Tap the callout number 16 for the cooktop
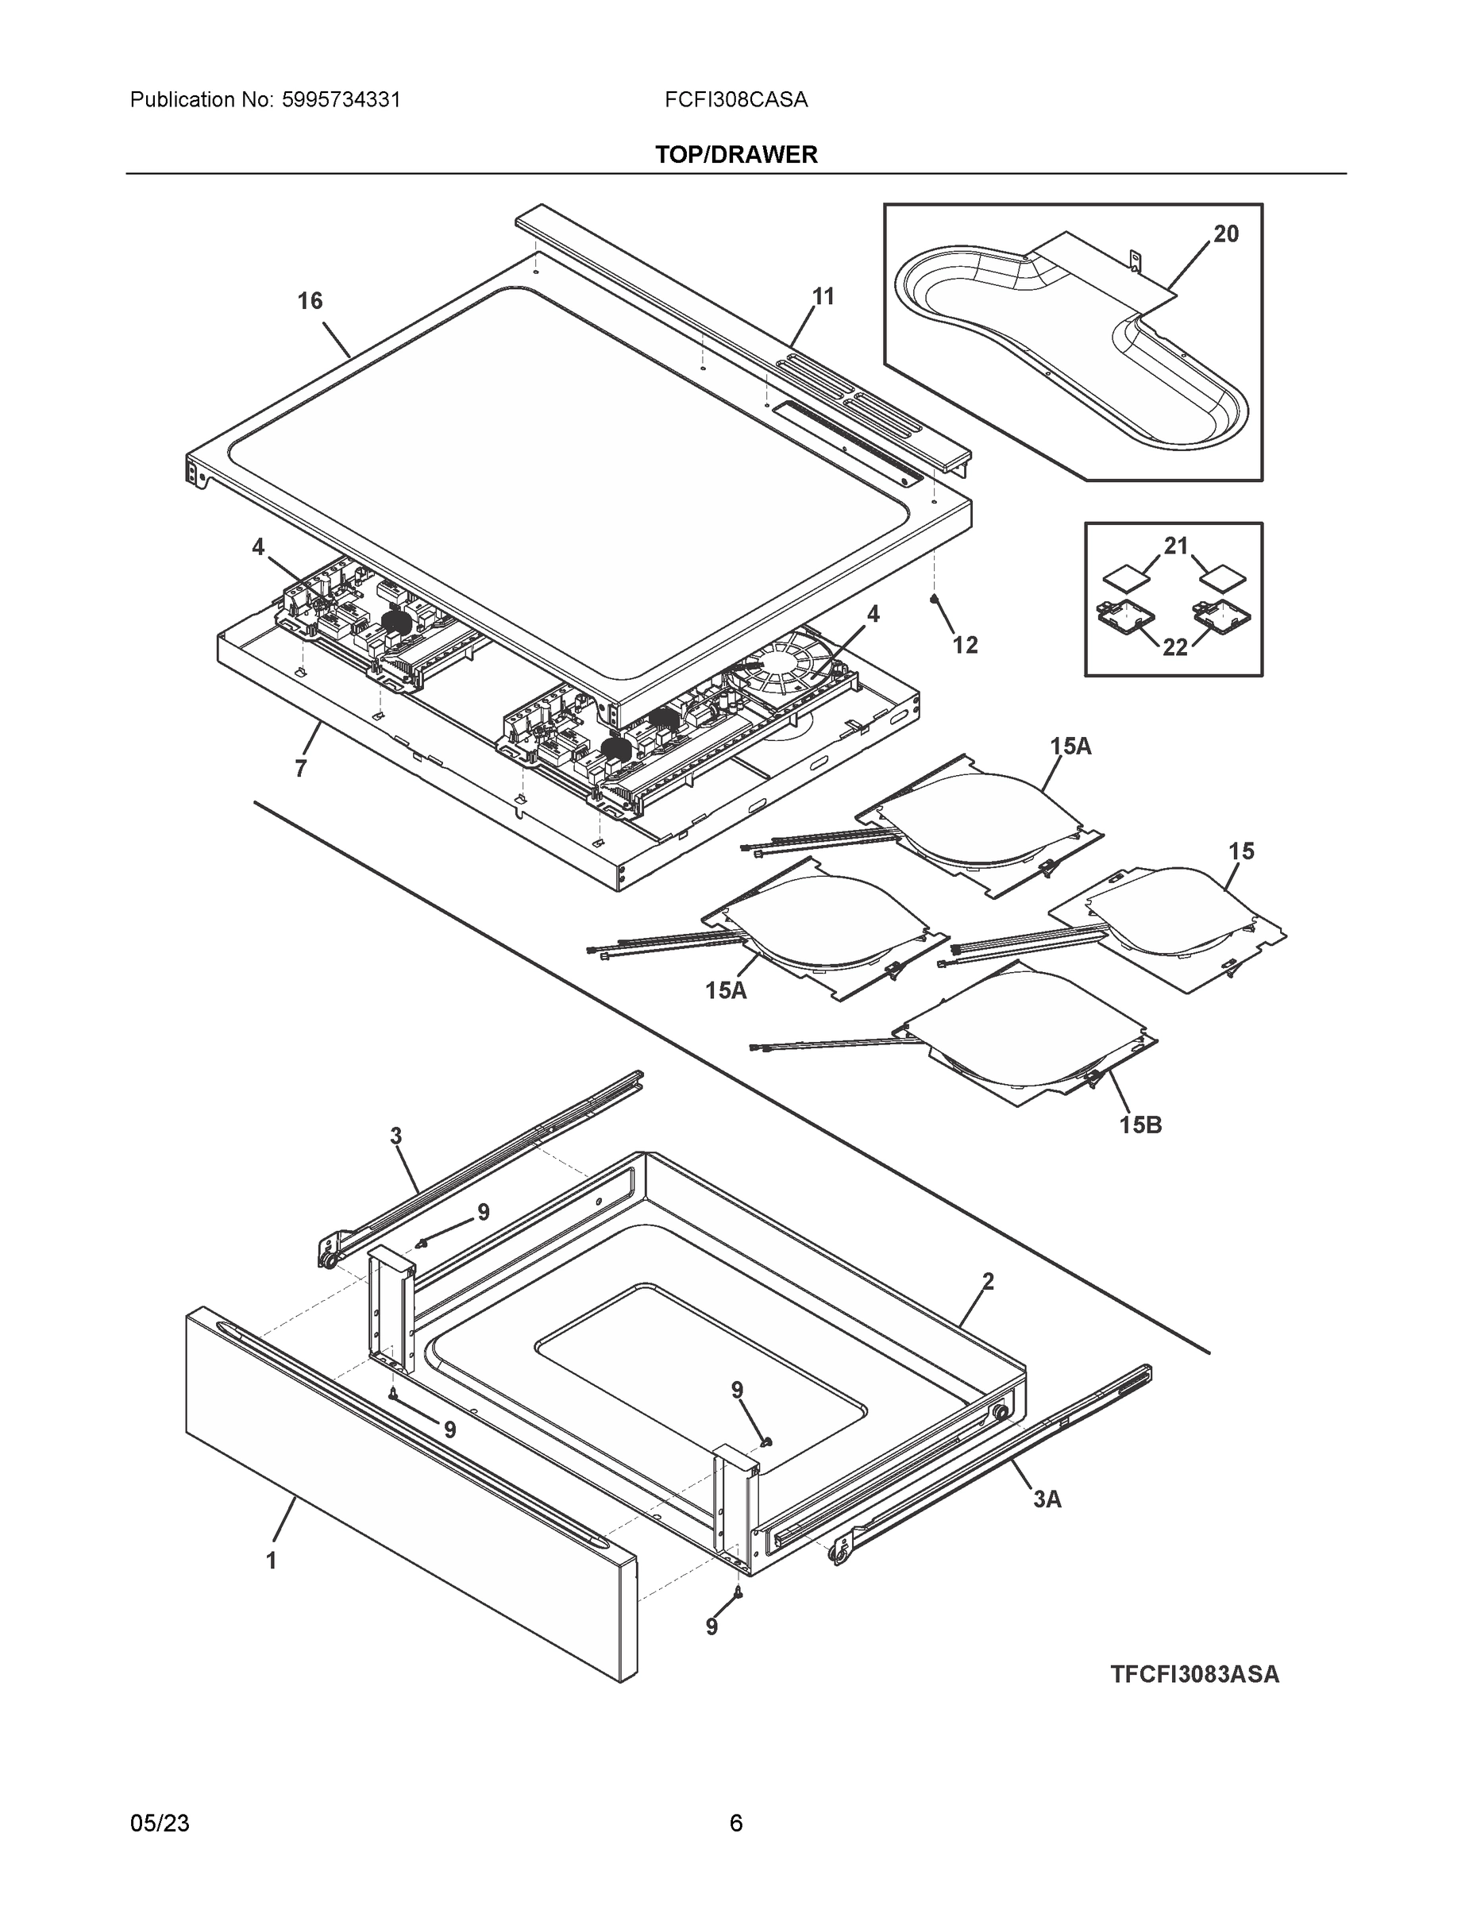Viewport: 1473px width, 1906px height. coord(310,301)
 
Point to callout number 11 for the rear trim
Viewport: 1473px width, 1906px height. coord(823,297)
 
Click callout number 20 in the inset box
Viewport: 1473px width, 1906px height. coord(1225,234)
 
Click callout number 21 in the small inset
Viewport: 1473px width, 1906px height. coord(1176,546)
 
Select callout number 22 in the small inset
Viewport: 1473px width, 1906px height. coord(1175,646)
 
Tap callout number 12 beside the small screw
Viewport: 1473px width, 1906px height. coord(964,645)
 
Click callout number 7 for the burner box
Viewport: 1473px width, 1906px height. coord(300,769)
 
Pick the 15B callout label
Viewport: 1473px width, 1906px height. coord(1140,1125)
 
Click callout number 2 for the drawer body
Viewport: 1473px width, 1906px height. coord(988,1281)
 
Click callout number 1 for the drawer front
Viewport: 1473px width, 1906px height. coord(272,1561)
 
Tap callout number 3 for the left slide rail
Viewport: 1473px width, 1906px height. coord(395,1136)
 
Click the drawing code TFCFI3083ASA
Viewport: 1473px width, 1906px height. coord(1194,1674)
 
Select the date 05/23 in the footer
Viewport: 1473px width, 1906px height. coord(160,1823)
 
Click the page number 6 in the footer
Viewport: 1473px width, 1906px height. coord(735,1823)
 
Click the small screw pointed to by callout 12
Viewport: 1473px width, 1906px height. coord(935,599)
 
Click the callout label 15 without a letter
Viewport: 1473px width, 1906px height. coord(1241,851)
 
